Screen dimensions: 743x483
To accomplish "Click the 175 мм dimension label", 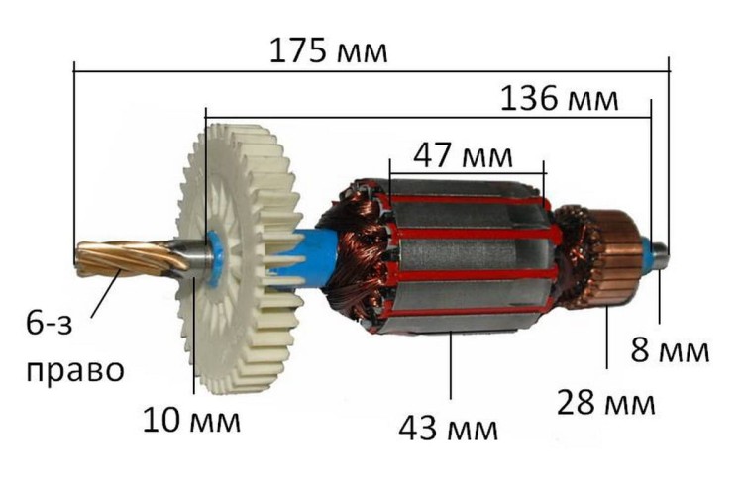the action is click(328, 50).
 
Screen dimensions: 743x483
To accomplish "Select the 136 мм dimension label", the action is click(559, 99).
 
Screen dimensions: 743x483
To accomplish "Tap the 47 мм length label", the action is click(463, 156).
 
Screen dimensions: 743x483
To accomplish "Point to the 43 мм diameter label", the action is click(448, 429).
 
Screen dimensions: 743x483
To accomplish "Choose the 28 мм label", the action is click(605, 403).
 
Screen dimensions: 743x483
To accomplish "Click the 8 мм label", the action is click(670, 350).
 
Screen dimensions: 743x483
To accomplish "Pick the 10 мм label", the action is click(191, 420).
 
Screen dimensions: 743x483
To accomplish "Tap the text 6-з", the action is click(49, 324).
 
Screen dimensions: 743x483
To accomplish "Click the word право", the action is click(75, 370).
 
